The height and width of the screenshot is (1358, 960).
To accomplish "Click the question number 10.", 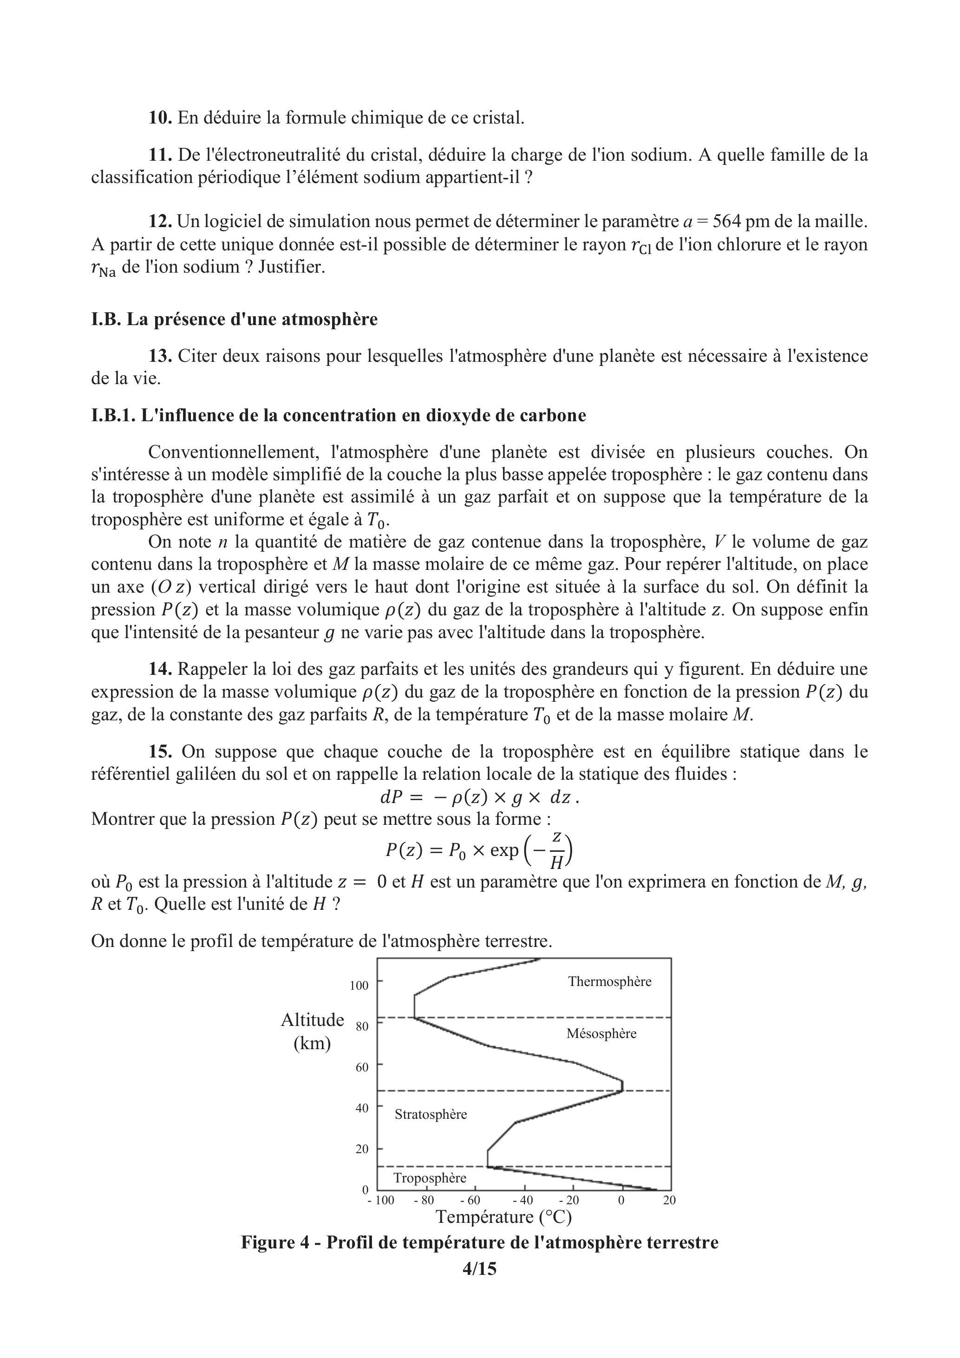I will [x=160, y=118].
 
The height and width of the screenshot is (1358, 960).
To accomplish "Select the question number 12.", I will [x=160, y=222].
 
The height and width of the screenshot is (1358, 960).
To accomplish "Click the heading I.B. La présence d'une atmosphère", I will [x=234, y=320].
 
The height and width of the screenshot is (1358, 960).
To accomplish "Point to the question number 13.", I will [x=160, y=356].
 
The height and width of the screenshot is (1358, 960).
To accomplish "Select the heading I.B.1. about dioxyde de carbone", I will [x=338, y=415].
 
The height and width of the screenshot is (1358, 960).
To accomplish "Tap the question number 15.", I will [x=160, y=752].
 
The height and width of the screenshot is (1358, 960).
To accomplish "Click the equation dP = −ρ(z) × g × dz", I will [x=479, y=797].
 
